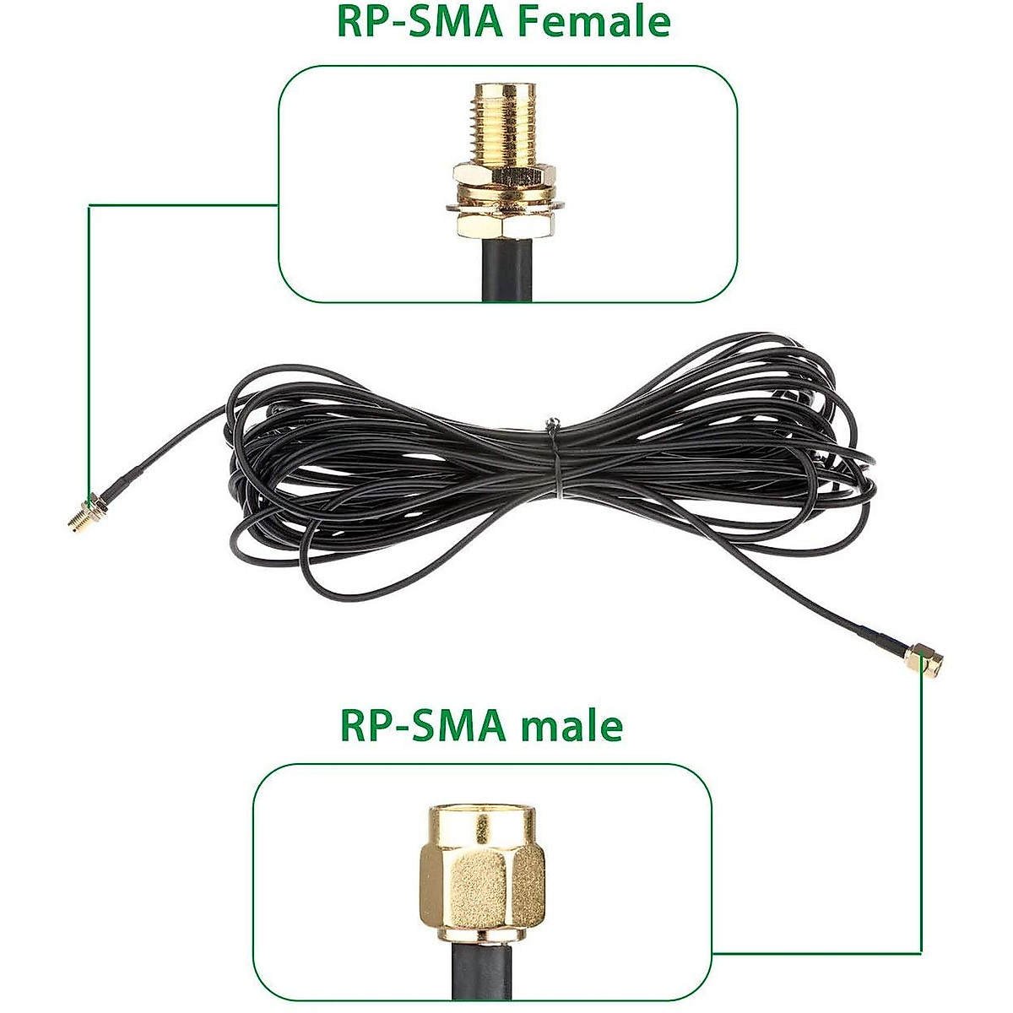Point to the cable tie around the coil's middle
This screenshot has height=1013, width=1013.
point(554,456)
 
